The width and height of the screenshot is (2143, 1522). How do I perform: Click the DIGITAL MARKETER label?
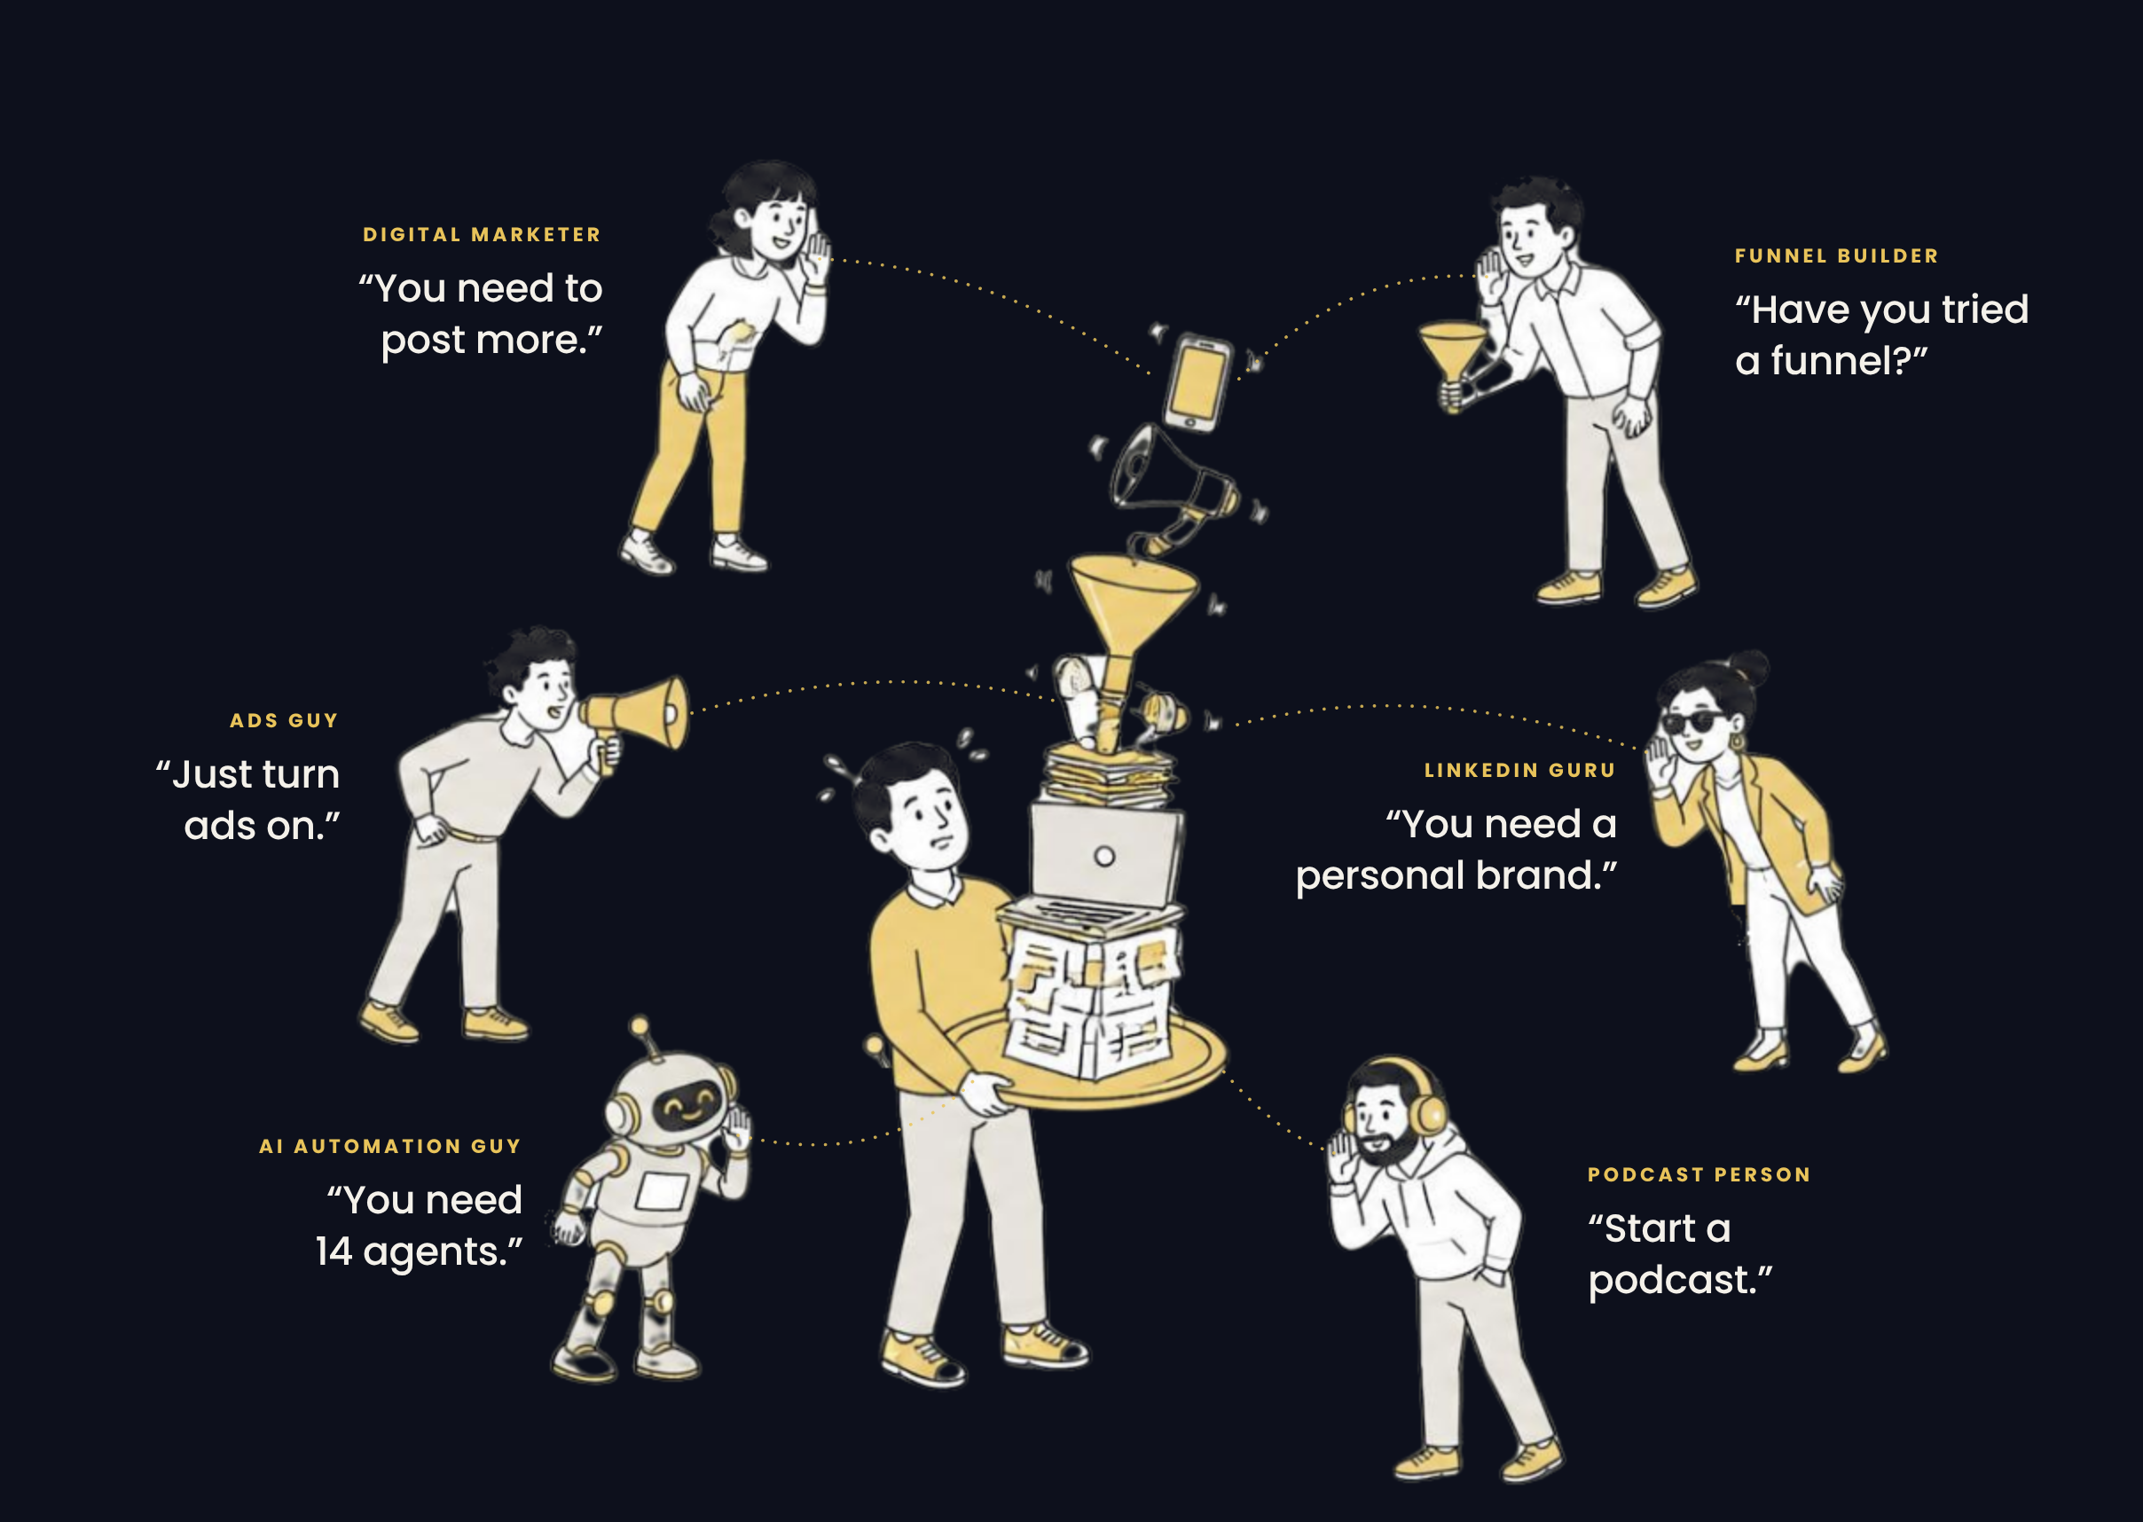[x=482, y=234]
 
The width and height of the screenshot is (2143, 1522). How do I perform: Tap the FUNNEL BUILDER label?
[x=1837, y=255]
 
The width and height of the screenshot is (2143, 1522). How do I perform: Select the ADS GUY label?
[x=284, y=721]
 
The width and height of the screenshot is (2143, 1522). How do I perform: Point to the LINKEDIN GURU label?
[x=1519, y=771]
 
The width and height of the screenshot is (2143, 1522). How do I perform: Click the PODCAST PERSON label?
[x=1699, y=1175]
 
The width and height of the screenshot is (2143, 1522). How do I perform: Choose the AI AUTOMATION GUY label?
[x=389, y=1146]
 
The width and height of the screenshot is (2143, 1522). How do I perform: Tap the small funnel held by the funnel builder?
[x=1451, y=361]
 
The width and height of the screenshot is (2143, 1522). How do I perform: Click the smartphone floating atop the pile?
[x=1197, y=382]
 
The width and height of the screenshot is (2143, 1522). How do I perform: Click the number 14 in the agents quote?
[x=334, y=1252]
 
